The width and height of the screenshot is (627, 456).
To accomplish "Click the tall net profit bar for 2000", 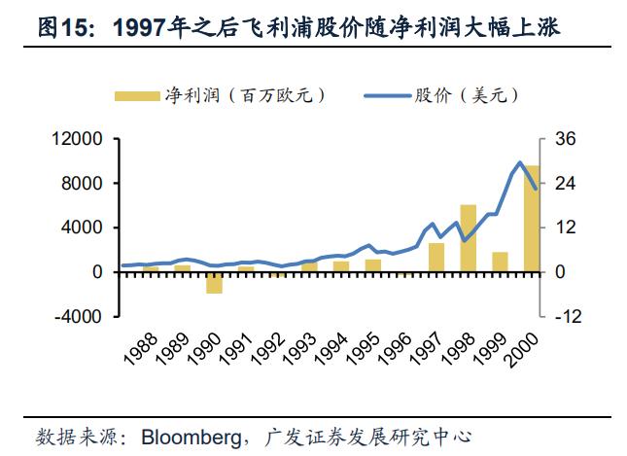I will tap(532, 219).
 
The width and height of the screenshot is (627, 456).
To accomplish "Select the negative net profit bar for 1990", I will tap(214, 282).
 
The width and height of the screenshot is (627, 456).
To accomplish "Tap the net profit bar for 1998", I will tap(469, 238).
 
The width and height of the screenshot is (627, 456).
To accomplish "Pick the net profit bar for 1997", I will tap(436, 258).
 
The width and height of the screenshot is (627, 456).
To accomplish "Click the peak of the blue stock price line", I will tap(520, 162).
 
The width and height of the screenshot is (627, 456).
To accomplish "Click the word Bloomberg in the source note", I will tap(190, 435).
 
